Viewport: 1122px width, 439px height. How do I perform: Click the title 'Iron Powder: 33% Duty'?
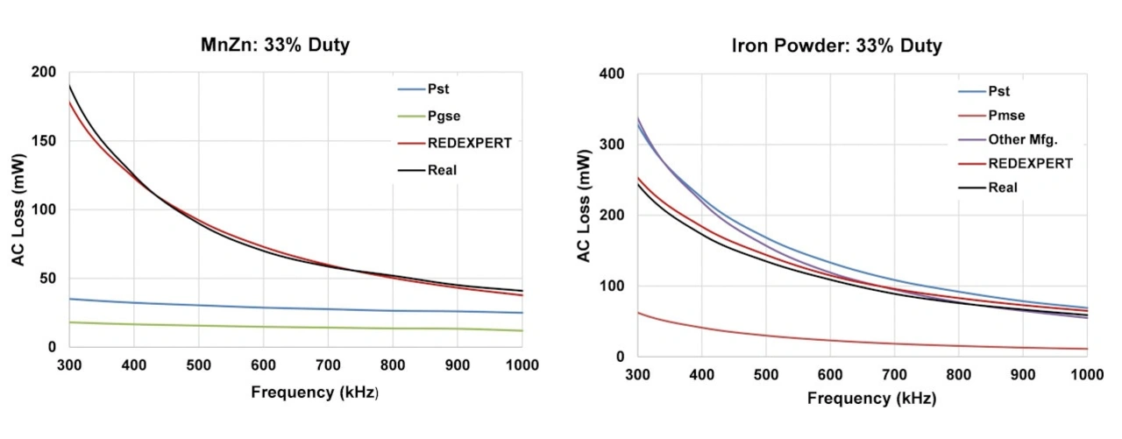pyautogui.click(x=836, y=46)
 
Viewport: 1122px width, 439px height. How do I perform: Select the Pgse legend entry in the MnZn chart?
pyautogui.click(x=444, y=116)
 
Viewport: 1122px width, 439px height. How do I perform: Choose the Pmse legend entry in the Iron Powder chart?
pyautogui.click(x=1006, y=115)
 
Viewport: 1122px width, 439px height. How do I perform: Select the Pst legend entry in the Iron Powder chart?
pyautogui.click(x=999, y=91)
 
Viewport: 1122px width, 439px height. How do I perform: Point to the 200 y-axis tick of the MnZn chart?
pyautogui.click(x=43, y=73)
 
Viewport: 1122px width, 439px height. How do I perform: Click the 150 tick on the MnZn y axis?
pyautogui.click(x=43, y=141)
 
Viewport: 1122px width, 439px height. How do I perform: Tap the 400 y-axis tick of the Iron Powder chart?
pyautogui.click(x=612, y=74)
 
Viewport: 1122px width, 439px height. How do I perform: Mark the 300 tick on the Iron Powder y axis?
pyautogui.click(x=612, y=145)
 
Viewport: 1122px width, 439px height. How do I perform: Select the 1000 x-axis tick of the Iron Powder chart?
pyautogui.click(x=1087, y=375)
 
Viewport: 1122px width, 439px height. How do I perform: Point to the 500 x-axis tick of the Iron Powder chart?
pyautogui.click(x=766, y=375)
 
